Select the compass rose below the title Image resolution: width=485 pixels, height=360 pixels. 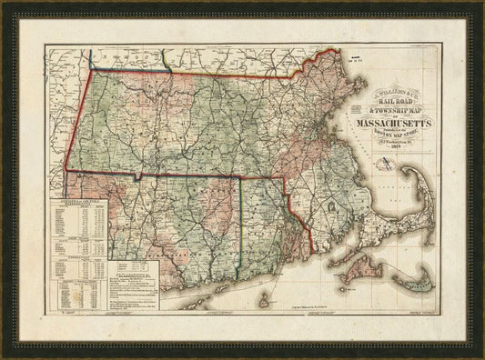(x=387, y=165)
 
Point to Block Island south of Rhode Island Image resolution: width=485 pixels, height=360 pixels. (x=265, y=299)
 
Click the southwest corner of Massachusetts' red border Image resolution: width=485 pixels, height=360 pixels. (x=66, y=168)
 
